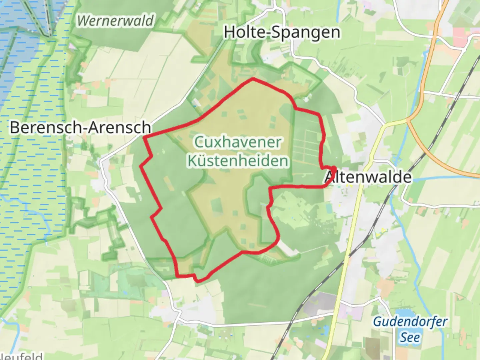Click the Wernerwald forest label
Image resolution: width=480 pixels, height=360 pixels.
pyautogui.click(x=115, y=21)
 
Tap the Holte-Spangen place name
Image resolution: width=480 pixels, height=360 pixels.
pyautogui.click(x=282, y=32)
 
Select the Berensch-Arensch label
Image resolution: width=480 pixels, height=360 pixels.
pyautogui.click(x=80, y=127)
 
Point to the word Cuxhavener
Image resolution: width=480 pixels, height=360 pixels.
pyautogui.click(x=238, y=142)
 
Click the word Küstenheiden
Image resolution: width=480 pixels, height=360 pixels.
pyautogui.click(x=238, y=161)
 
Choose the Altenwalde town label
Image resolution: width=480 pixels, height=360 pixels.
pyautogui.click(x=368, y=177)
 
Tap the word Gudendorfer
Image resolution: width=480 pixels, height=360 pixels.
pyautogui.click(x=410, y=322)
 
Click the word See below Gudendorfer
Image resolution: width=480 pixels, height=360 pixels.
pyautogui.click(x=410, y=337)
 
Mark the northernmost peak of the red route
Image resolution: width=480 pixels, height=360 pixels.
pyautogui.click(x=253, y=79)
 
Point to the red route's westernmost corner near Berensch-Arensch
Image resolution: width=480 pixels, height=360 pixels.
pyautogui.click(x=144, y=136)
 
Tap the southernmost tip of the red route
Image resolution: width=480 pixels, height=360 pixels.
pyautogui.click(x=198, y=281)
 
